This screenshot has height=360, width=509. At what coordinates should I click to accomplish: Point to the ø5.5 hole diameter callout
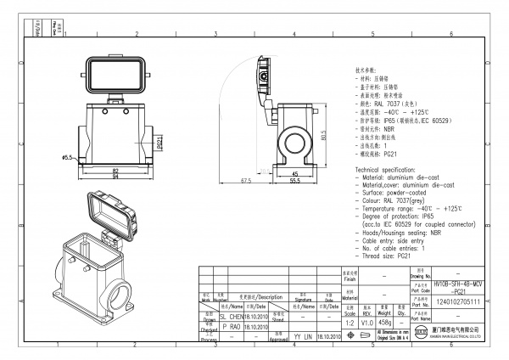pyautogui.click(x=66, y=158)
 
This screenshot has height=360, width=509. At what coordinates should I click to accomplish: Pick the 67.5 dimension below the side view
pyautogui.click(x=247, y=181)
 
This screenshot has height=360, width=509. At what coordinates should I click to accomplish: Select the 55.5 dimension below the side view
pyautogui.click(x=295, y=181)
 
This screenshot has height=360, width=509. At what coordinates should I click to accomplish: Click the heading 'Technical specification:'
pyautogui.click(x=390, y=170)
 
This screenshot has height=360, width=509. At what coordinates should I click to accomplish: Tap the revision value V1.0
pyautogui.click(x=367, y=323)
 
